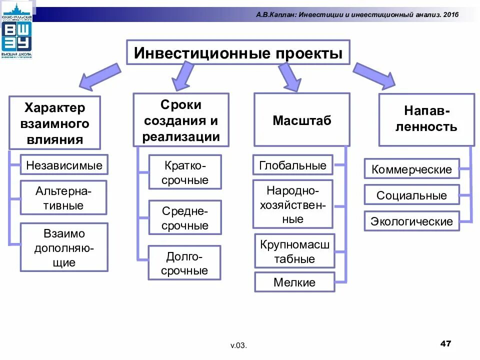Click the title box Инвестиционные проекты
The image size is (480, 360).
tap(238, 53)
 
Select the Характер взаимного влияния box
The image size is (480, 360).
tap(55, 123)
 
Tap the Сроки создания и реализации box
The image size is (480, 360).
tap(181, 120)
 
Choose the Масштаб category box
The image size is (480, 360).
tap(302, 120)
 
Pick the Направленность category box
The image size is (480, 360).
tap(426, 120)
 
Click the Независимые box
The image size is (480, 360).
tap(64, 165)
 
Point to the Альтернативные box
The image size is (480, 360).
tap(63, 197)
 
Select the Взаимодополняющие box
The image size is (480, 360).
tap(63, 247)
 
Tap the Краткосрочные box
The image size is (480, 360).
tap(184, 172)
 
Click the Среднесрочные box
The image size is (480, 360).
tap(184, 218)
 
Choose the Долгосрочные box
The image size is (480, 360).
tap(184, 263)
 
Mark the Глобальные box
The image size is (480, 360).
tap(292, 165)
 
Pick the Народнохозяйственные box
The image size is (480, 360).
tap(292, 204)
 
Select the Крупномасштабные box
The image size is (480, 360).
tap(294, 251)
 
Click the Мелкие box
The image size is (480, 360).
tap(294, 282)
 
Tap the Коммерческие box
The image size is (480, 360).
tap(411, 169)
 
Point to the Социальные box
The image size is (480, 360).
tap(411, 195)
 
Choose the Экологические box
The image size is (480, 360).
tap(411, 221)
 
